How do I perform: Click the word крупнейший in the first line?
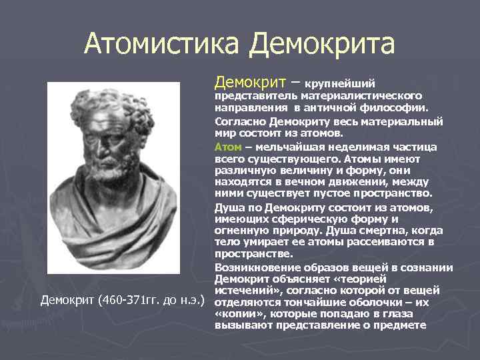(343, 84)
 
